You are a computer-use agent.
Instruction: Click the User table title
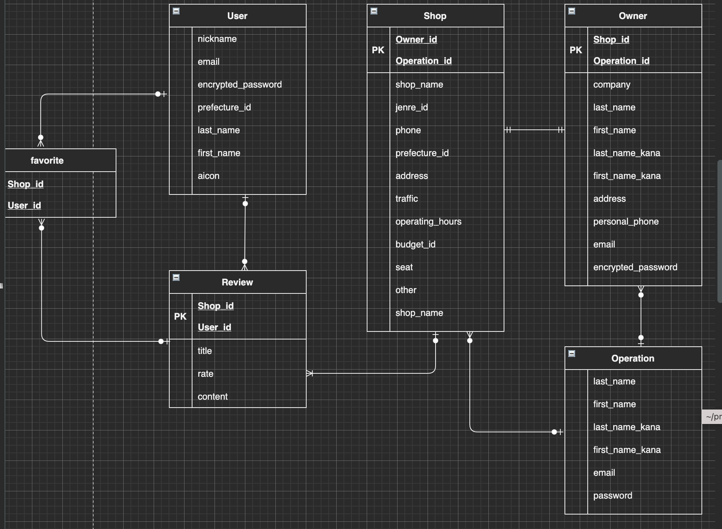237,16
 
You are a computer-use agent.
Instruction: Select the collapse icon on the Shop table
374,11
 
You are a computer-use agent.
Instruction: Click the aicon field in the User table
208,176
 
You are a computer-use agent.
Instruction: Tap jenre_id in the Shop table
412,107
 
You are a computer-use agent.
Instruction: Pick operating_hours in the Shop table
428,221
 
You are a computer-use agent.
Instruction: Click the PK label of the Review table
180,317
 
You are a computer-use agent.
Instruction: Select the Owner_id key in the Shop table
416,40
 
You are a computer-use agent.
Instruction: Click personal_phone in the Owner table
626,221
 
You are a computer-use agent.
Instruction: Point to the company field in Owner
612,84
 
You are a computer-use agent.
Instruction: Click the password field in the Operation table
612,496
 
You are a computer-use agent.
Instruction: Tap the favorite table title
47,161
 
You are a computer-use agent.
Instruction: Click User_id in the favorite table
24,206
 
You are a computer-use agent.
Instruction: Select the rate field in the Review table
205,374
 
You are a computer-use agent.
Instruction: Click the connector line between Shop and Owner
534,130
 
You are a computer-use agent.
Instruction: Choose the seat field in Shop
404,267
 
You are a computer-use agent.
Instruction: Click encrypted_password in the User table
240,84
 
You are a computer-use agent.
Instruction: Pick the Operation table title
633,359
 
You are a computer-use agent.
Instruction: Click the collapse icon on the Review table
176,277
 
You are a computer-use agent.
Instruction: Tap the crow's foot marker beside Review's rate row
310,373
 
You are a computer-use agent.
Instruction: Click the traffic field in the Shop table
407,199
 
